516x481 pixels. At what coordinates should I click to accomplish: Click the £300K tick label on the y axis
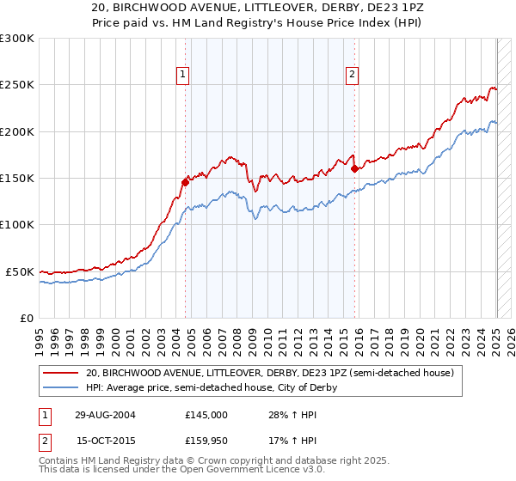(16, 39)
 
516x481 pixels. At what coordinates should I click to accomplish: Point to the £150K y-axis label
(16, 179)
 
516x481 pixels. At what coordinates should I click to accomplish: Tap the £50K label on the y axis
(20, 271)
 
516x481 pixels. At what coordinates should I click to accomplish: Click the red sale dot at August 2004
(185, 182)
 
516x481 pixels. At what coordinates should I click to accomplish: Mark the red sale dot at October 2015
(354, 168)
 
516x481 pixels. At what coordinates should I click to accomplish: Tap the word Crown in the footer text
(213, 461)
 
